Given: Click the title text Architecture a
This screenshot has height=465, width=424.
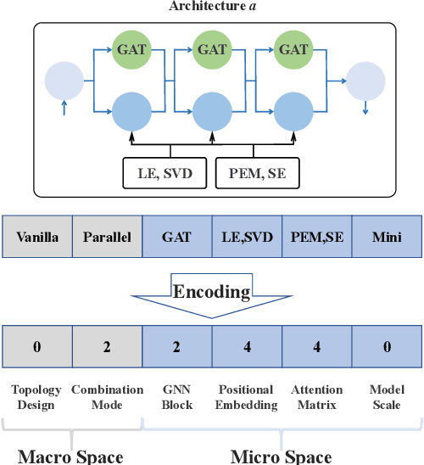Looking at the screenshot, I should point(212,8).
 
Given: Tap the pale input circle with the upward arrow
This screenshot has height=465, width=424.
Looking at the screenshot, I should point(64,82).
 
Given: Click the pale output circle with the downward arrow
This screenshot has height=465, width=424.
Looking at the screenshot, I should point(367,82).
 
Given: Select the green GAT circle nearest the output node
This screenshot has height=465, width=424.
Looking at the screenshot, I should point(293,50).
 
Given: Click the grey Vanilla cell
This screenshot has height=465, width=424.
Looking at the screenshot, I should point(37,237).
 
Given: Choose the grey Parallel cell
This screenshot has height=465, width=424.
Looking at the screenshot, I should point(107,237).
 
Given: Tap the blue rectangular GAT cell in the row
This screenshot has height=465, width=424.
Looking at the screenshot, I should point(176,237).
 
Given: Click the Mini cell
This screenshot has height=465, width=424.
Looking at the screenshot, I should point(386,237).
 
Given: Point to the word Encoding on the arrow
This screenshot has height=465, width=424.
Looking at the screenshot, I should point(212,292).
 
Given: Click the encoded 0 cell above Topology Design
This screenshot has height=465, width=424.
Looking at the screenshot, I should point(37,347).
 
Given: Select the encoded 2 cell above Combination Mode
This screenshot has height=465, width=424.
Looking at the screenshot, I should point(107,347).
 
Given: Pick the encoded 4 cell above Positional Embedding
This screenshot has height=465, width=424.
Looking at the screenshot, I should point(246,347).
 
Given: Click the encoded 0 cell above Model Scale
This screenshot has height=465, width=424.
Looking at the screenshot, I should point(386,347).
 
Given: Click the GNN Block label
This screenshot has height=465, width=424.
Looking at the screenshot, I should point(176,397).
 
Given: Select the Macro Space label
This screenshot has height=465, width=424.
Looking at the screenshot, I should point(70,456).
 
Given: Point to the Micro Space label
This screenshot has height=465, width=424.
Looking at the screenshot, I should point(281,456).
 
